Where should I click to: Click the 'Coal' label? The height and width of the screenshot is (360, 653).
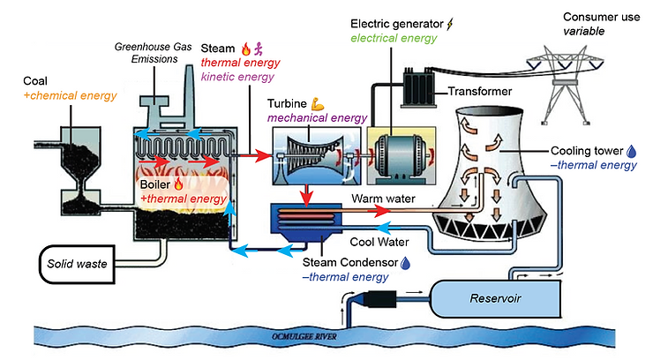coord(36,80)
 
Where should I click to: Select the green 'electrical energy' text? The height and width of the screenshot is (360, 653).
coord(394,38)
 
